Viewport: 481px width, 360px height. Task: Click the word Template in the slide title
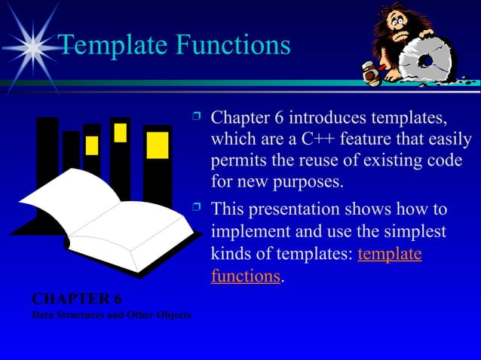[x=112, y=45]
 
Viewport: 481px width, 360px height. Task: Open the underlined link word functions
[x=246, y=276]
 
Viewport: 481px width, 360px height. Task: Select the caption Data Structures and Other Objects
[x=111, y=314]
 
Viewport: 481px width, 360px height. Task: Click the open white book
[x=106, y=218]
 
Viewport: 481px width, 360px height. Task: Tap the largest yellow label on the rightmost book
[x=158, y=145]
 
